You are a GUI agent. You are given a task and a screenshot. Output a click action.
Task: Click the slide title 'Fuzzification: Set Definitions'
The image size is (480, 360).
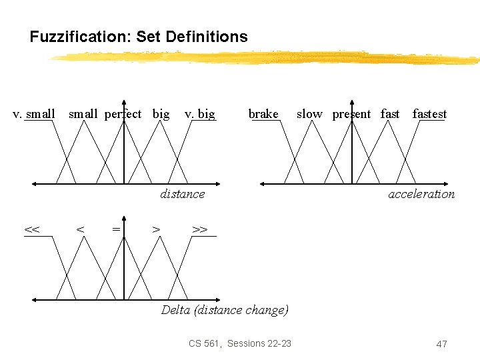click(139, 37)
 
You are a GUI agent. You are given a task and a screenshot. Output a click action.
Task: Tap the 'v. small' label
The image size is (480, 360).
click(34, 114)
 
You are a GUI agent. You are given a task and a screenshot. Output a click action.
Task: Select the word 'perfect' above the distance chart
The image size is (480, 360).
click(123, 114)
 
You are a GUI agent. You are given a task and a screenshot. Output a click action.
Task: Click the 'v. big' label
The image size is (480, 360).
click(199, 114)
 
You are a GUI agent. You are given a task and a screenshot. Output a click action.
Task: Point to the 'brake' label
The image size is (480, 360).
click(263, 114)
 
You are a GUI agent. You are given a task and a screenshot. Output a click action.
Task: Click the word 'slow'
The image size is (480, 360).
click(309, 114)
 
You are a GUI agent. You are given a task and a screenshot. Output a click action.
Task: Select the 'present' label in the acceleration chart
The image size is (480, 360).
click(351, 114)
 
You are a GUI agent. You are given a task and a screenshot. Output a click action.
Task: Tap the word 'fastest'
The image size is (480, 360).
click(429, 114)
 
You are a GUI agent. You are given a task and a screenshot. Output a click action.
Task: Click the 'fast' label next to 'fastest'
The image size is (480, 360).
click(390, 114)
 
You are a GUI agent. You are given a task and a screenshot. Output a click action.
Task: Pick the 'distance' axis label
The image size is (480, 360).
click(182, 194)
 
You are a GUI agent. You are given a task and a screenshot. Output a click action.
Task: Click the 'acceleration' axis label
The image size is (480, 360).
click(421, 194)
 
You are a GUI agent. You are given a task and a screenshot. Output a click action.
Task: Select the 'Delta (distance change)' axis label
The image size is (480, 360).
click(225, 310)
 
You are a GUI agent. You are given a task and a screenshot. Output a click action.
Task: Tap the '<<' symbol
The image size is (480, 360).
click(31, 230)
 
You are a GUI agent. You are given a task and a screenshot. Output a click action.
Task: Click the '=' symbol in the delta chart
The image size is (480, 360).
click(116, 230)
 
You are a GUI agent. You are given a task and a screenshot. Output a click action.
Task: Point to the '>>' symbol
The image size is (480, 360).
click(199, 230)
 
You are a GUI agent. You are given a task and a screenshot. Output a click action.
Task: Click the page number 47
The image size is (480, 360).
click(441, 344)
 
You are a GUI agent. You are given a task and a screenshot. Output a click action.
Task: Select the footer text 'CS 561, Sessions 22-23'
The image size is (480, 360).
click(240, 343)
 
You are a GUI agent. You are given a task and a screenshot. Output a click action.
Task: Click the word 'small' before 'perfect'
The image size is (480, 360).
click(83, 114)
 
